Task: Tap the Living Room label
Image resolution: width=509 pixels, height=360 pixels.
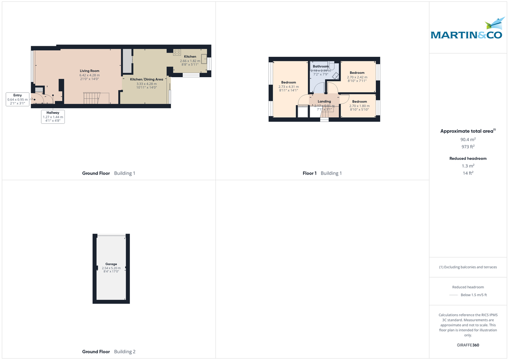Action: coord(89,71)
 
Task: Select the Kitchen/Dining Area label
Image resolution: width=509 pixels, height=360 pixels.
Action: coord(146,79)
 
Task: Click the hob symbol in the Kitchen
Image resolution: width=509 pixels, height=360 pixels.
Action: coord(177,53)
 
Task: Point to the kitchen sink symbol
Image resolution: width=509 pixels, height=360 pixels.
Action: coord(204,59)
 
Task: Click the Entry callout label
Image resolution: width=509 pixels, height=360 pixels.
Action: coord(17,95)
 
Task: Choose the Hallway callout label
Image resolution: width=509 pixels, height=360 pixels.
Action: coord(53,112)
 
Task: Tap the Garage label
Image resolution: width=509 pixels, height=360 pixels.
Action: coord(111,264)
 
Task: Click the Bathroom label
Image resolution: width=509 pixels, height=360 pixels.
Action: coord(321,67)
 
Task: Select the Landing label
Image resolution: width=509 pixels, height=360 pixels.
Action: coord(324,101)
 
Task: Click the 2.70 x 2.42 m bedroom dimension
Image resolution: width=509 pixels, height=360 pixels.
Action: coord(357,77)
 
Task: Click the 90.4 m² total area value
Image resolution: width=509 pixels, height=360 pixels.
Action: coord(468,139)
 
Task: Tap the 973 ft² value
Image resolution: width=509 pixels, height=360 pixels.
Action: coord(468,147)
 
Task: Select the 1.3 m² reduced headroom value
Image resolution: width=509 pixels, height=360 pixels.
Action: coord(468,166)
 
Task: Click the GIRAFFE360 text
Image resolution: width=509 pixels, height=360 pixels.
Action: coord(468,345)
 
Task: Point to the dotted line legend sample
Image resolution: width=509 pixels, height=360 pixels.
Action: coord(453,295)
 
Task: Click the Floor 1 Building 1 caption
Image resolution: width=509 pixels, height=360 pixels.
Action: coord(322,173)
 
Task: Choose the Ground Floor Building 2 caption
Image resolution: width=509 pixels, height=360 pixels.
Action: coord(109,352)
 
